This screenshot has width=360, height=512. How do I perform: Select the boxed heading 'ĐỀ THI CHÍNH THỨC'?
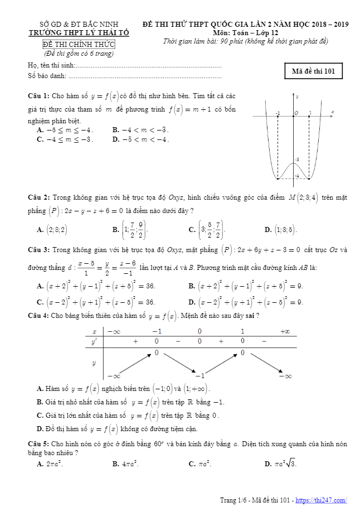click(79, 45)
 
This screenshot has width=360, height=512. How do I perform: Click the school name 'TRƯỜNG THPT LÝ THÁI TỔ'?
click(79, 33)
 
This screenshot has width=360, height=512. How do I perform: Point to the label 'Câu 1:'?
click(39, 96)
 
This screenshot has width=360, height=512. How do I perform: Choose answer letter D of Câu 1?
click(116, 139)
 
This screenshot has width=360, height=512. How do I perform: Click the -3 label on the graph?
click(297, 160)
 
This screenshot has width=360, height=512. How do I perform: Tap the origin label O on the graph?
click(296, 113)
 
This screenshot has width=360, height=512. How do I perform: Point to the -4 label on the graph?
click(297, 177)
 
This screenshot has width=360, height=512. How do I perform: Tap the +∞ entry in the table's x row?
click(285, 331)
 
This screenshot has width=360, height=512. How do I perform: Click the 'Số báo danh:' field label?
click(47, 76)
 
